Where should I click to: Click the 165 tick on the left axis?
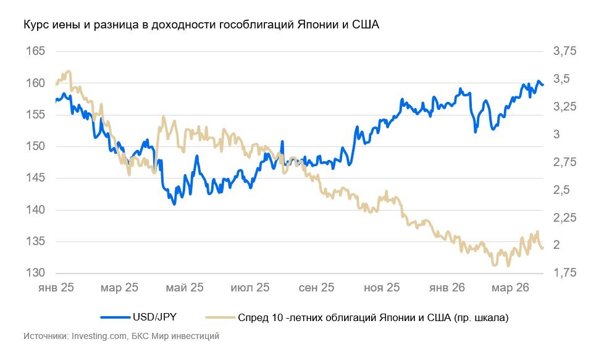35,51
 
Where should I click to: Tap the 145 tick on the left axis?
35,178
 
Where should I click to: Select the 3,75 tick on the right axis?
564,51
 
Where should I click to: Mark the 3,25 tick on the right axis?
564,107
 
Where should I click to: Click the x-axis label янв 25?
56,288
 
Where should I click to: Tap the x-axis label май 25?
186,288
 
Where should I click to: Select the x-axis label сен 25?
317,288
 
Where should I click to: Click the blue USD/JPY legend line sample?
115,318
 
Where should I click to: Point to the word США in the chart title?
364,25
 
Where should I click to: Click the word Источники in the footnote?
46,337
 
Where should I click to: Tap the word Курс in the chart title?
35,25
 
